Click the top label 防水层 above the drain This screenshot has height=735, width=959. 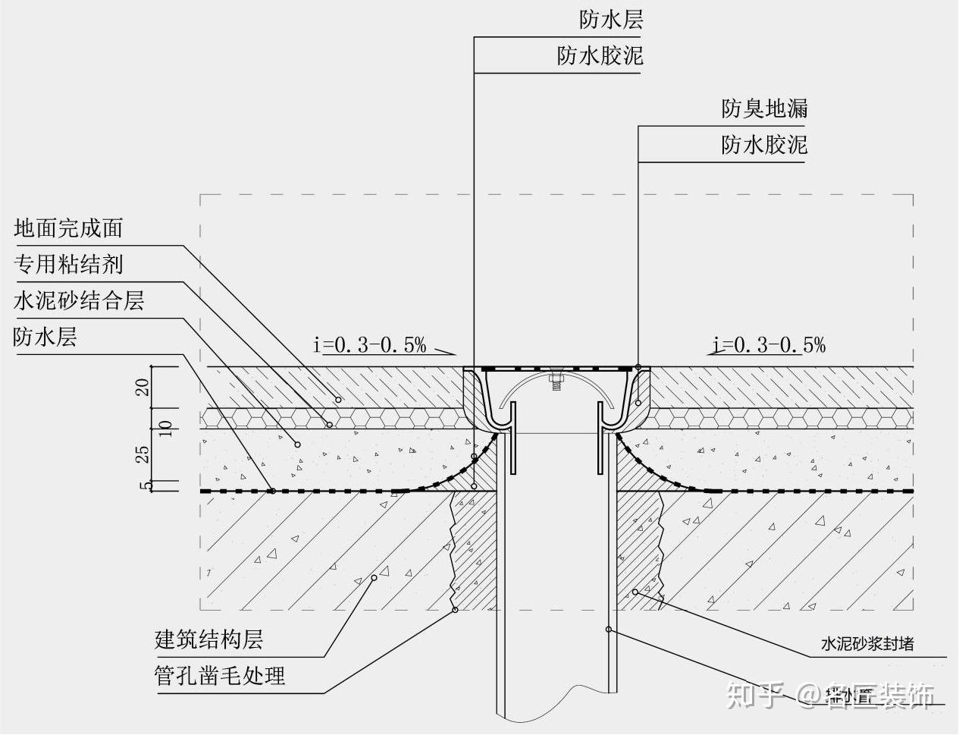pyautogui.click(x=611, y=20)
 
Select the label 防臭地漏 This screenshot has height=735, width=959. pyautogui.click(x=764, y=109)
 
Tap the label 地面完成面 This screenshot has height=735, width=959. pyautogui.click(x=68, y=228)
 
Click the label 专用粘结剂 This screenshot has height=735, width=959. pyautogui.click(x=68, y=264)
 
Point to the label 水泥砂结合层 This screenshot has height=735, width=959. pyautogui.click(x=79, y=300)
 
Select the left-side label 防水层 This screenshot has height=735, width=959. pyautogui.click(x=45, y=337)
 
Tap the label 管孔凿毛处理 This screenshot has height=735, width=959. pyautogui.click(x=220, y=675)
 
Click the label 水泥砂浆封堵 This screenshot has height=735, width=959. pyautogui.click(x=867, y=645)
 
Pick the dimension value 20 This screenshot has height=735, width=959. pyautogui.click(x=142, y=388)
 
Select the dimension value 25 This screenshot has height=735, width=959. pyautogui.click(x=142, y=454)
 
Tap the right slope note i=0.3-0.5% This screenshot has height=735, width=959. pyautogui.click(x=769, y=346)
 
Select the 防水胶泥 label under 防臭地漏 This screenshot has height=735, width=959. pyautogui.click(x=764, y=145)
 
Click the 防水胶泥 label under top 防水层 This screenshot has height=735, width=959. pyautogui.click(x=600, y=55)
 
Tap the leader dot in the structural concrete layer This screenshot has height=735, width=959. pyautogui.click(x=374, y=578)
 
